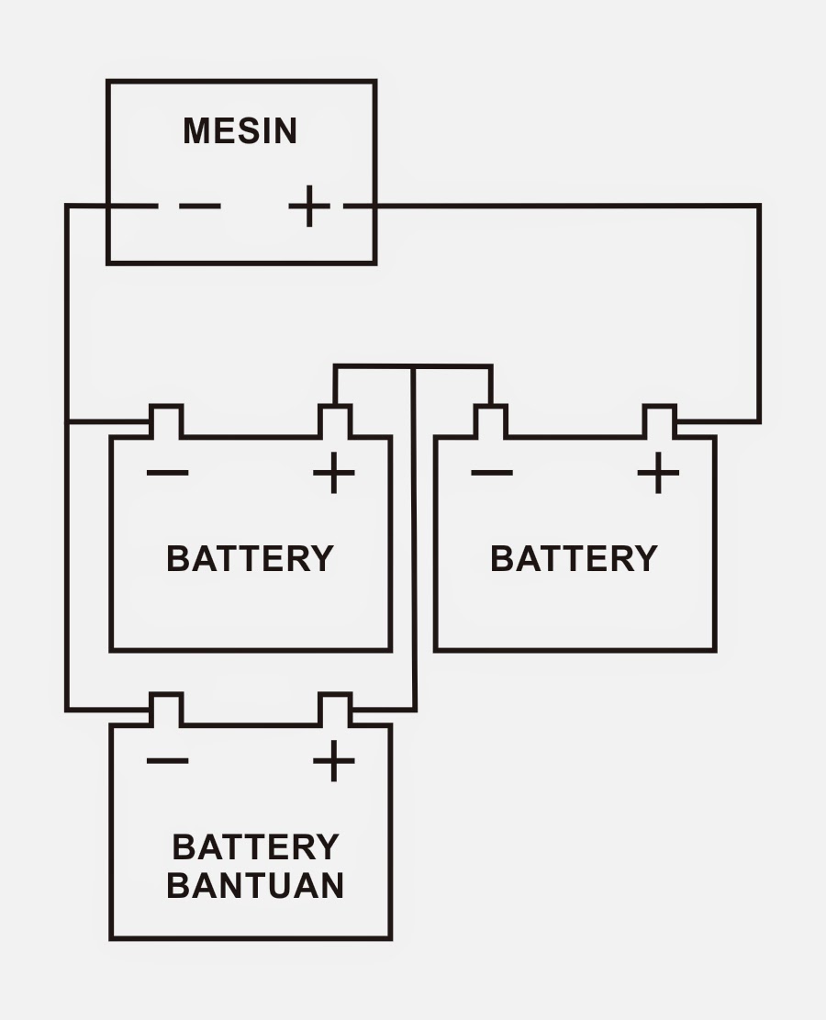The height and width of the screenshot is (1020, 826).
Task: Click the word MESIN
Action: point(240,131)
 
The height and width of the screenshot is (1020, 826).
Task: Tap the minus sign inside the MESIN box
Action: point(199,206)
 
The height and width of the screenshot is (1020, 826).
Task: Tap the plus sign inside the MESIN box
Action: point(309,206)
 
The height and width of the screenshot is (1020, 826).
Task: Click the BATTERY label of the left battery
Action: point(250,558)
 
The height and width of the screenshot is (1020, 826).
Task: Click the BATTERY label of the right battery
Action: point(574,558)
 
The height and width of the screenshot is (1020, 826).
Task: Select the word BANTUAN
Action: point(255,885)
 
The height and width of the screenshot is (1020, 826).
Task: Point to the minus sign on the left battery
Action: point(167,474)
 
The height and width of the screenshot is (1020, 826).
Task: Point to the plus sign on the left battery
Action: point(333,474)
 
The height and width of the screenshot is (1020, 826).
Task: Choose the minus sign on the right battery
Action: point(491,474)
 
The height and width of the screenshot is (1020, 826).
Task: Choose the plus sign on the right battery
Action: point(658,474)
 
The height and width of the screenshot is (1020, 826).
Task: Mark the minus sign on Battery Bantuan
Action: point(167,761)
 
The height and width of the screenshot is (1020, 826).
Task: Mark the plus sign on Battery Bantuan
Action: point(333,761)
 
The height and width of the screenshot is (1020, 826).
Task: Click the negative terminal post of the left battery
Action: point(166,421)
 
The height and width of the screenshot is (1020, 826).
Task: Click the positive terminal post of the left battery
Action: point(334,421)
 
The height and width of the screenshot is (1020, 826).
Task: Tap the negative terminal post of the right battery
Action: point(490,421)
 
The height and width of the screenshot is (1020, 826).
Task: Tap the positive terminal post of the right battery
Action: point(659,421)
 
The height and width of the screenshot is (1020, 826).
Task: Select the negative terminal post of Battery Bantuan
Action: point(166,710)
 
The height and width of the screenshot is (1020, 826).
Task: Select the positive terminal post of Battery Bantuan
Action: point(334,710)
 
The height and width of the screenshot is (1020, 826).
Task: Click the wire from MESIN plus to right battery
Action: point(759,312)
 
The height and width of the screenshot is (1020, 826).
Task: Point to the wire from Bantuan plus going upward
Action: point(414,551)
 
